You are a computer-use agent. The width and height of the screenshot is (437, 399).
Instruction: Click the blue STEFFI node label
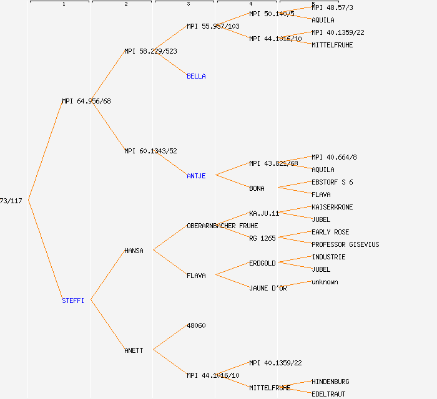[x=73, y=300]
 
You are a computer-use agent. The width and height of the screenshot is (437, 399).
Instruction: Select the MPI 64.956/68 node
[x=86, y=101]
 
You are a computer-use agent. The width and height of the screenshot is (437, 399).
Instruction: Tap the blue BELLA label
[x=196, y=76]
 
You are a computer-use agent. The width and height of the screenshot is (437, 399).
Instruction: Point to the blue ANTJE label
[x=196, y=176]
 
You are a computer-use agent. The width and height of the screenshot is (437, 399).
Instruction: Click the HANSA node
[x=134, y=251]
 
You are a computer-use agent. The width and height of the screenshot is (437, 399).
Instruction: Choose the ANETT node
[x=134, y=350]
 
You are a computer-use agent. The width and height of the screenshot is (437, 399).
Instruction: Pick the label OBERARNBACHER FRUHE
[x=222, y=226]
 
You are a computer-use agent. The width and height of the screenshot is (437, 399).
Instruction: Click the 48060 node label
[x=196, y=325]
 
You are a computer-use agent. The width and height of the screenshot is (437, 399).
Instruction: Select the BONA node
[x=257, y=188]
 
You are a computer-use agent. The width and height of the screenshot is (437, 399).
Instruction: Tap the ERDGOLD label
[x=262, y=263]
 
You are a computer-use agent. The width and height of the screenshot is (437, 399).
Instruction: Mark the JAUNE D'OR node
[x=268, y=288]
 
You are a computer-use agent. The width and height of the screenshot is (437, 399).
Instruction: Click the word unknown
[x=325, y=282]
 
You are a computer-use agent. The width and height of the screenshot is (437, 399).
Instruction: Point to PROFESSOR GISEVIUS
[x=345, y=244]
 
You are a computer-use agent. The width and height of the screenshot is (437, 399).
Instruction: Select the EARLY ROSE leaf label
[x=330, y=232]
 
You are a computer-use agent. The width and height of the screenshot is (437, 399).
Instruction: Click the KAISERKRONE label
[x=332, y=207]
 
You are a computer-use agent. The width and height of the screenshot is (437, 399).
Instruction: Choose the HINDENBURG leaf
[x=330, y=382]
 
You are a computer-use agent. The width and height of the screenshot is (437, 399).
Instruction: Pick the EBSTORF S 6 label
[x=332, y=182]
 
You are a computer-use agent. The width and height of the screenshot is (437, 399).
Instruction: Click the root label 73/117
[x=11, y=201]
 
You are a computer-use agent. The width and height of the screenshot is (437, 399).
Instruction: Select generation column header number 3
[x=188, y=4]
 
